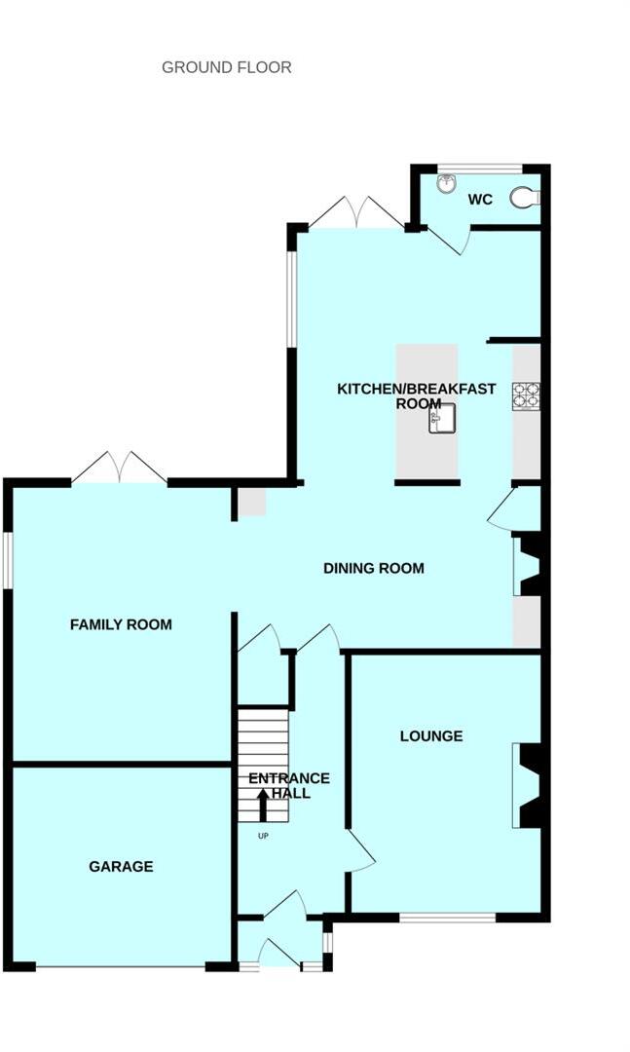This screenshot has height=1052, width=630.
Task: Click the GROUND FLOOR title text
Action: point(226,67)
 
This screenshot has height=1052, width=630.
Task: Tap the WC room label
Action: point(480,200)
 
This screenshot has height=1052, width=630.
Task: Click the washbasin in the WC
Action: point(447,184)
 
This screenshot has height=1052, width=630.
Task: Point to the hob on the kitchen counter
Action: point(526,394)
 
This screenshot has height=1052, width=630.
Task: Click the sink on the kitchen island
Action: point(439,421)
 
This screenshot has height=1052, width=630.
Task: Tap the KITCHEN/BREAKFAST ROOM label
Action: point(416,396)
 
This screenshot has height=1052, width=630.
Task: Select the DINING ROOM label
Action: point(374,568)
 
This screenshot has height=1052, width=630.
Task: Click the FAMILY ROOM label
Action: point(121,624)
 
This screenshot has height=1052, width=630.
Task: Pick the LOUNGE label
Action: point(431,735)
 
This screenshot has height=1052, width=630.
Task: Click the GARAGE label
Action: point(121,866)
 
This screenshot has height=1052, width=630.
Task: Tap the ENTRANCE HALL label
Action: point(289,785)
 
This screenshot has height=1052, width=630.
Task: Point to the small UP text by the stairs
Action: point(263,837)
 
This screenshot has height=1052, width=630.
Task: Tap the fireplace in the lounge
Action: point(530,785)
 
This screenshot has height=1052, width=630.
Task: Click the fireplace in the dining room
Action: point(530,565)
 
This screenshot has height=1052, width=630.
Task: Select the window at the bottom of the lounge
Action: point(447,917)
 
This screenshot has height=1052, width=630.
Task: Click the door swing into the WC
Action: point(447,240)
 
